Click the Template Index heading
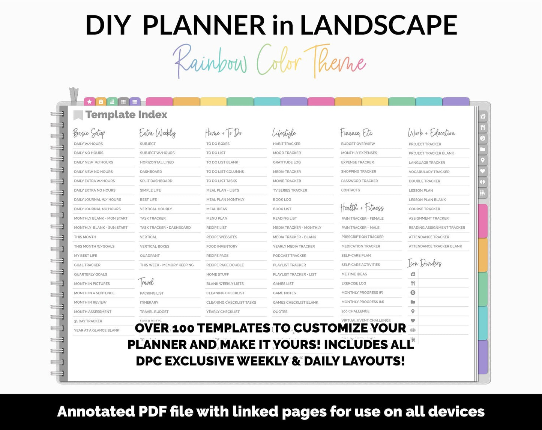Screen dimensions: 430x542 point(126,115)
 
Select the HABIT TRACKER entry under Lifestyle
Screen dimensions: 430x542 point(287,144)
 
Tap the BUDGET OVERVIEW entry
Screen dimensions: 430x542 point(358,144)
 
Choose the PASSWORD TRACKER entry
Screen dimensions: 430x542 point(359,181)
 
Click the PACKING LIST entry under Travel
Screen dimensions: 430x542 point(152,293)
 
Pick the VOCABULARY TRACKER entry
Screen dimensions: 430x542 point(429,172)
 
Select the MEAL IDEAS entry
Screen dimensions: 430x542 point(216,209)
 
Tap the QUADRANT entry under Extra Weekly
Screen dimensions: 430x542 point(150,256)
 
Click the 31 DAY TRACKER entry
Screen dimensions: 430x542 point(88,321)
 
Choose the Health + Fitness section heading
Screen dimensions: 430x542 point(362,207)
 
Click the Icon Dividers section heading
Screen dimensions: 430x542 point(425,263)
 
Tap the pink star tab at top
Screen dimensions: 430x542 point(89,102)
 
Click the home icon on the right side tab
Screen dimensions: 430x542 point(483,116)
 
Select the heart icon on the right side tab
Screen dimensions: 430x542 point(483,171)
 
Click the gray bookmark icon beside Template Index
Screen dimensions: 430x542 point(78,115)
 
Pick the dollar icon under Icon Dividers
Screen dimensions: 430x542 point(413,293)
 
